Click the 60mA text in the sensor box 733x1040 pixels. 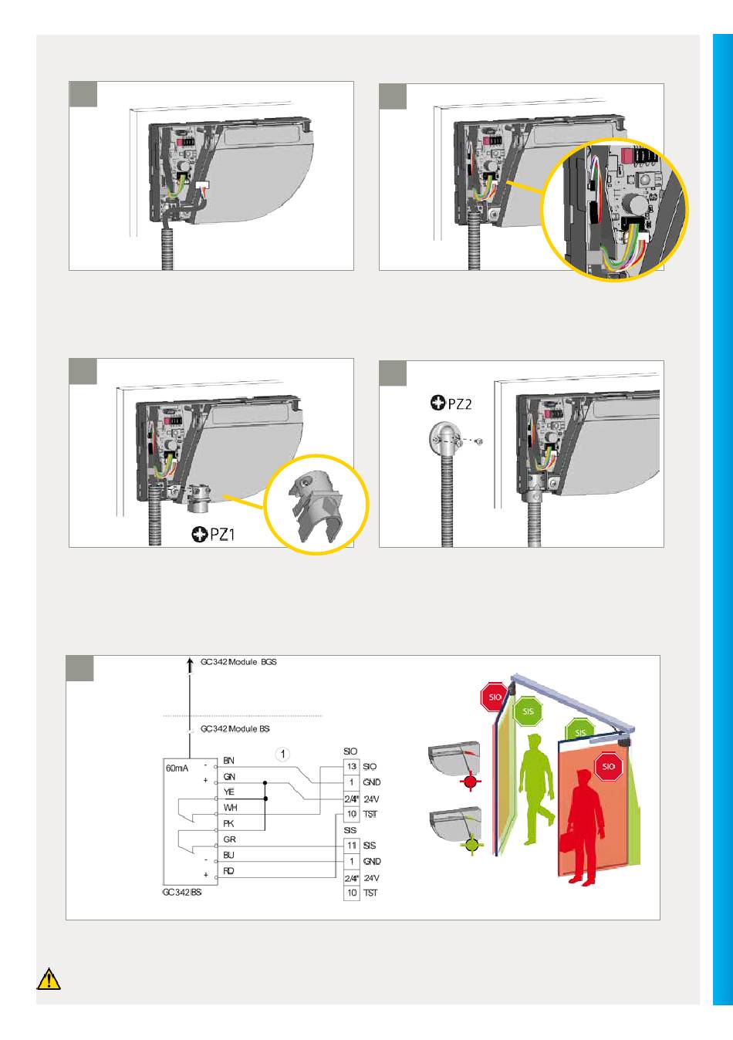[x=177, y=768]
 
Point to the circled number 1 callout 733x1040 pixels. [x=284, y=753]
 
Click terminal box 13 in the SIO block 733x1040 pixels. [x=351, y=766]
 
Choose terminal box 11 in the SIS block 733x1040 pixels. [x=351, y=846]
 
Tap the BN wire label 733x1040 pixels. [x=229, y=761]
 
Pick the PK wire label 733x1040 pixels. [x=229, y=824]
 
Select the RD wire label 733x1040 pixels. [x=229, y=871]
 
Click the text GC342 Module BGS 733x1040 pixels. [x=238, y=662]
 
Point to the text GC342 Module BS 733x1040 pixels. [x=235, y=728]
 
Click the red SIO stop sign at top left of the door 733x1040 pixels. [x=493, y=697]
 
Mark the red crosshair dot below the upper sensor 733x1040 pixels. [x=470, y=783]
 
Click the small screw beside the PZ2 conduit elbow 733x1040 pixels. [x=479, y=441]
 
